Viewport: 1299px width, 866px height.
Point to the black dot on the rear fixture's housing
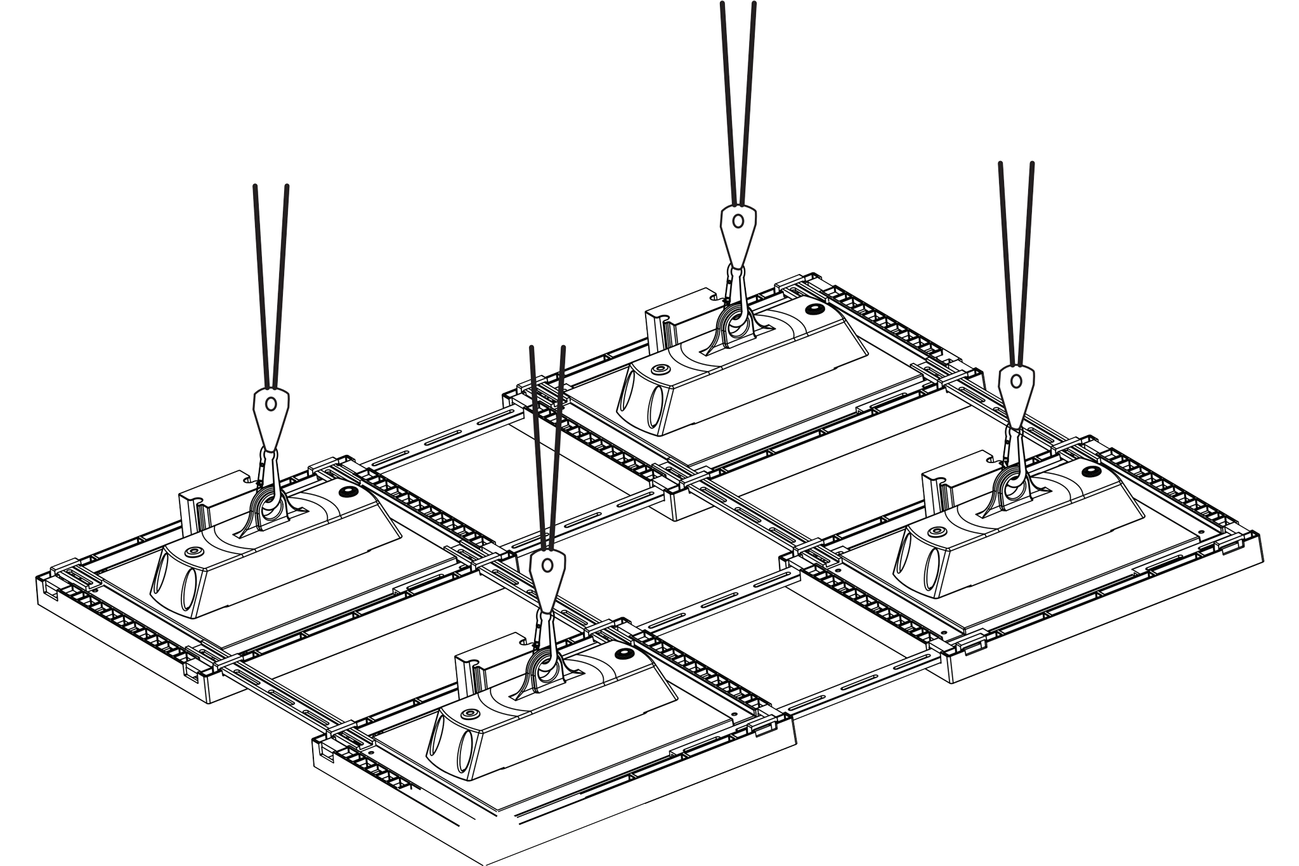click(814, 309)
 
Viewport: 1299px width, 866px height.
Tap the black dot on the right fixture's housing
click(1092, 470)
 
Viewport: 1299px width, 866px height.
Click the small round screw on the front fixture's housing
click(470, 714)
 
